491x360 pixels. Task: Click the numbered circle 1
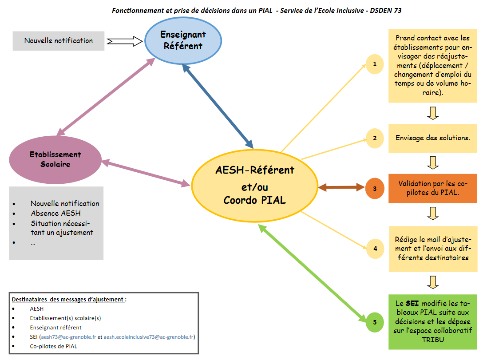click(375, 64)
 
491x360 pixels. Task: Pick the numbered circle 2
click(375, 138)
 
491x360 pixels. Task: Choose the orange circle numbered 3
click(375, 188)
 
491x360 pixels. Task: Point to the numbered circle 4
click(375, 249)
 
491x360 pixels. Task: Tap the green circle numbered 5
click(375, 322)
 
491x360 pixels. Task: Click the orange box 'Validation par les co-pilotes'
click(433, 188)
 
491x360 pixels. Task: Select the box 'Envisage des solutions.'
click(433, 138)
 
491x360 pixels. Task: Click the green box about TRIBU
click(433, 322)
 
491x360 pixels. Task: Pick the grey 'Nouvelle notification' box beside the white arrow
click(59, 41)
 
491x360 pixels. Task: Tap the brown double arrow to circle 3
click(341, 188)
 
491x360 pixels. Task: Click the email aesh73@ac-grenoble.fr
click(69, 337)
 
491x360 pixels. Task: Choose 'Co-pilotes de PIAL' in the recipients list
click(56, 346)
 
